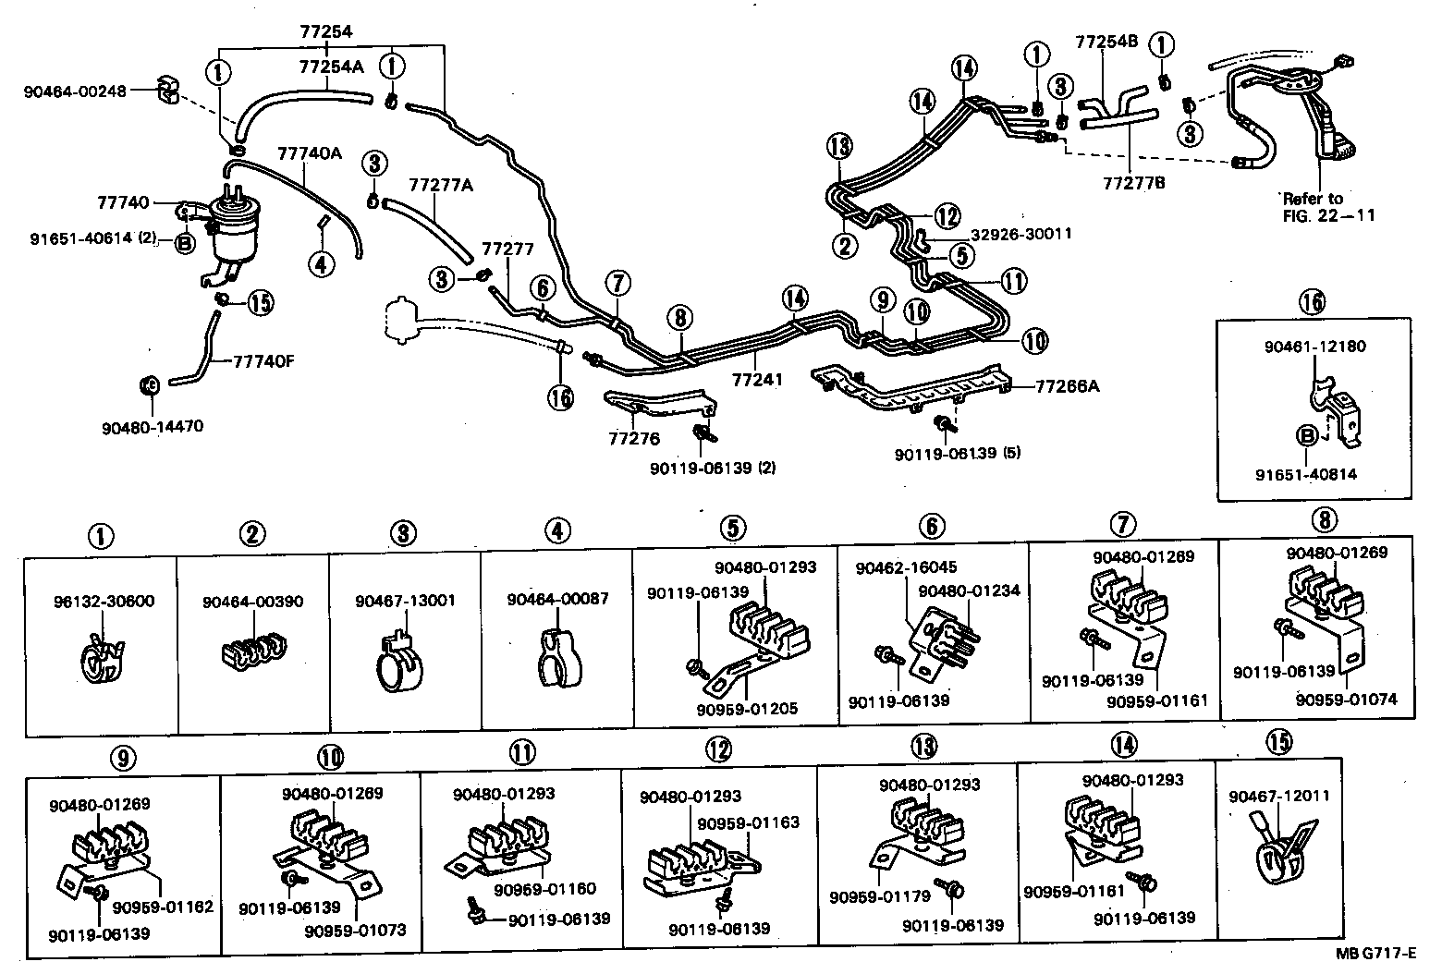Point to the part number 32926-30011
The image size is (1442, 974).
[x=1020, y=234]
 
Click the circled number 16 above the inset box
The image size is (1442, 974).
[x=1311, y=301]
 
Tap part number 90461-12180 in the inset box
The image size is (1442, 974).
[x=1315, y=347]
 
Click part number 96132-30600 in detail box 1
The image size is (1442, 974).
[x=103, y=601]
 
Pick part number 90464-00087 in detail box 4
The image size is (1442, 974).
[x=557, y=599]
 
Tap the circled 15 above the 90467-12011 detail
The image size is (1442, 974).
[x=1280, y=742]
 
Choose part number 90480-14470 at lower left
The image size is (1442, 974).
[x=152, y=426]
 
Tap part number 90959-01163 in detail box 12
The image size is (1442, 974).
[x=748, y=822]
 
